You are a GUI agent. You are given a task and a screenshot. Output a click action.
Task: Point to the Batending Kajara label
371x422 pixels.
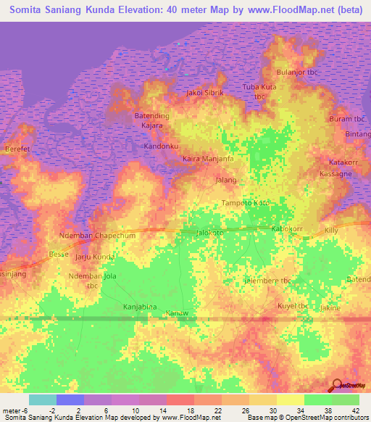pyautogui.click(x=152, y=120)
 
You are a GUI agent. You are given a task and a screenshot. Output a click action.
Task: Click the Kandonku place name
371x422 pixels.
pyautogui.click(x=161, y=146)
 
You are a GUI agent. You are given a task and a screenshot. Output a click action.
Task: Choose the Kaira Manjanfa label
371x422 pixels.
pyautogui.click(x=207, y=158)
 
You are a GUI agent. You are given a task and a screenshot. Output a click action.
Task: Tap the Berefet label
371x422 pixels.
pyautogui.click(x=17, y=148)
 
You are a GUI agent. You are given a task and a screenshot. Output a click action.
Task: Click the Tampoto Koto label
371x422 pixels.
pyautogui.click(x=245, y=203)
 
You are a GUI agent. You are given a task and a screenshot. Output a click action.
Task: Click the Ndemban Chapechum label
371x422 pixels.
pyautogui.click(x=97, y=236)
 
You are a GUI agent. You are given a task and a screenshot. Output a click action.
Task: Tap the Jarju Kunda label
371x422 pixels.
pyautogui.click(x=94, y=257)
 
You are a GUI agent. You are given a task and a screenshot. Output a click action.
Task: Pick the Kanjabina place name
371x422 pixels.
pyautogui.click(x=140, y=307)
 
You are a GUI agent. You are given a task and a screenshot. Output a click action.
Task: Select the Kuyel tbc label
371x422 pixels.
pyautogui.click(x=294, y=307)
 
